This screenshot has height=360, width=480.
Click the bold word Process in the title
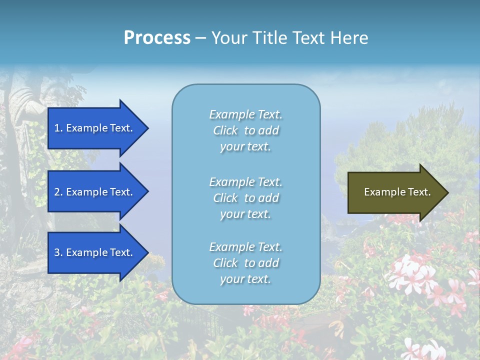(157, 38)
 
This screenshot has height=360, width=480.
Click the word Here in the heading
(349, 38)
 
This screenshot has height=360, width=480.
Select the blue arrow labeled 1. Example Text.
(95, 128)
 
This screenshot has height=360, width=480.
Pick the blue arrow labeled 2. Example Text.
(95, 192)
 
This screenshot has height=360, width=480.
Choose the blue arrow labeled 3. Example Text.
(95, 253)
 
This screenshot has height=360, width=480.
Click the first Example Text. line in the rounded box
(245, 115)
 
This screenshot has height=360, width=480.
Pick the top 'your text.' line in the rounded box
(245, 147)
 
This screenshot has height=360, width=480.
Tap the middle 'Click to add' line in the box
(245, 198)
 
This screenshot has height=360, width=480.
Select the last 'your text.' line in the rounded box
(245, 279)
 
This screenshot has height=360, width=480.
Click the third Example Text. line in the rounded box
(245, 247)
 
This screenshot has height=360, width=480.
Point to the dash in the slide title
(201, 38)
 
